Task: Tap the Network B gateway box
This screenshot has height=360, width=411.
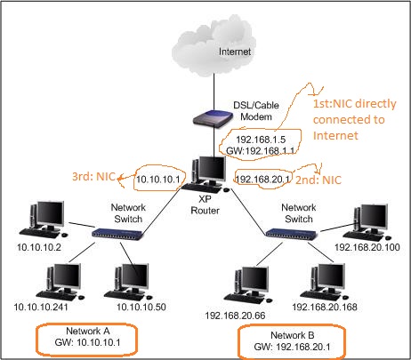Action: (x=294, y=340)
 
